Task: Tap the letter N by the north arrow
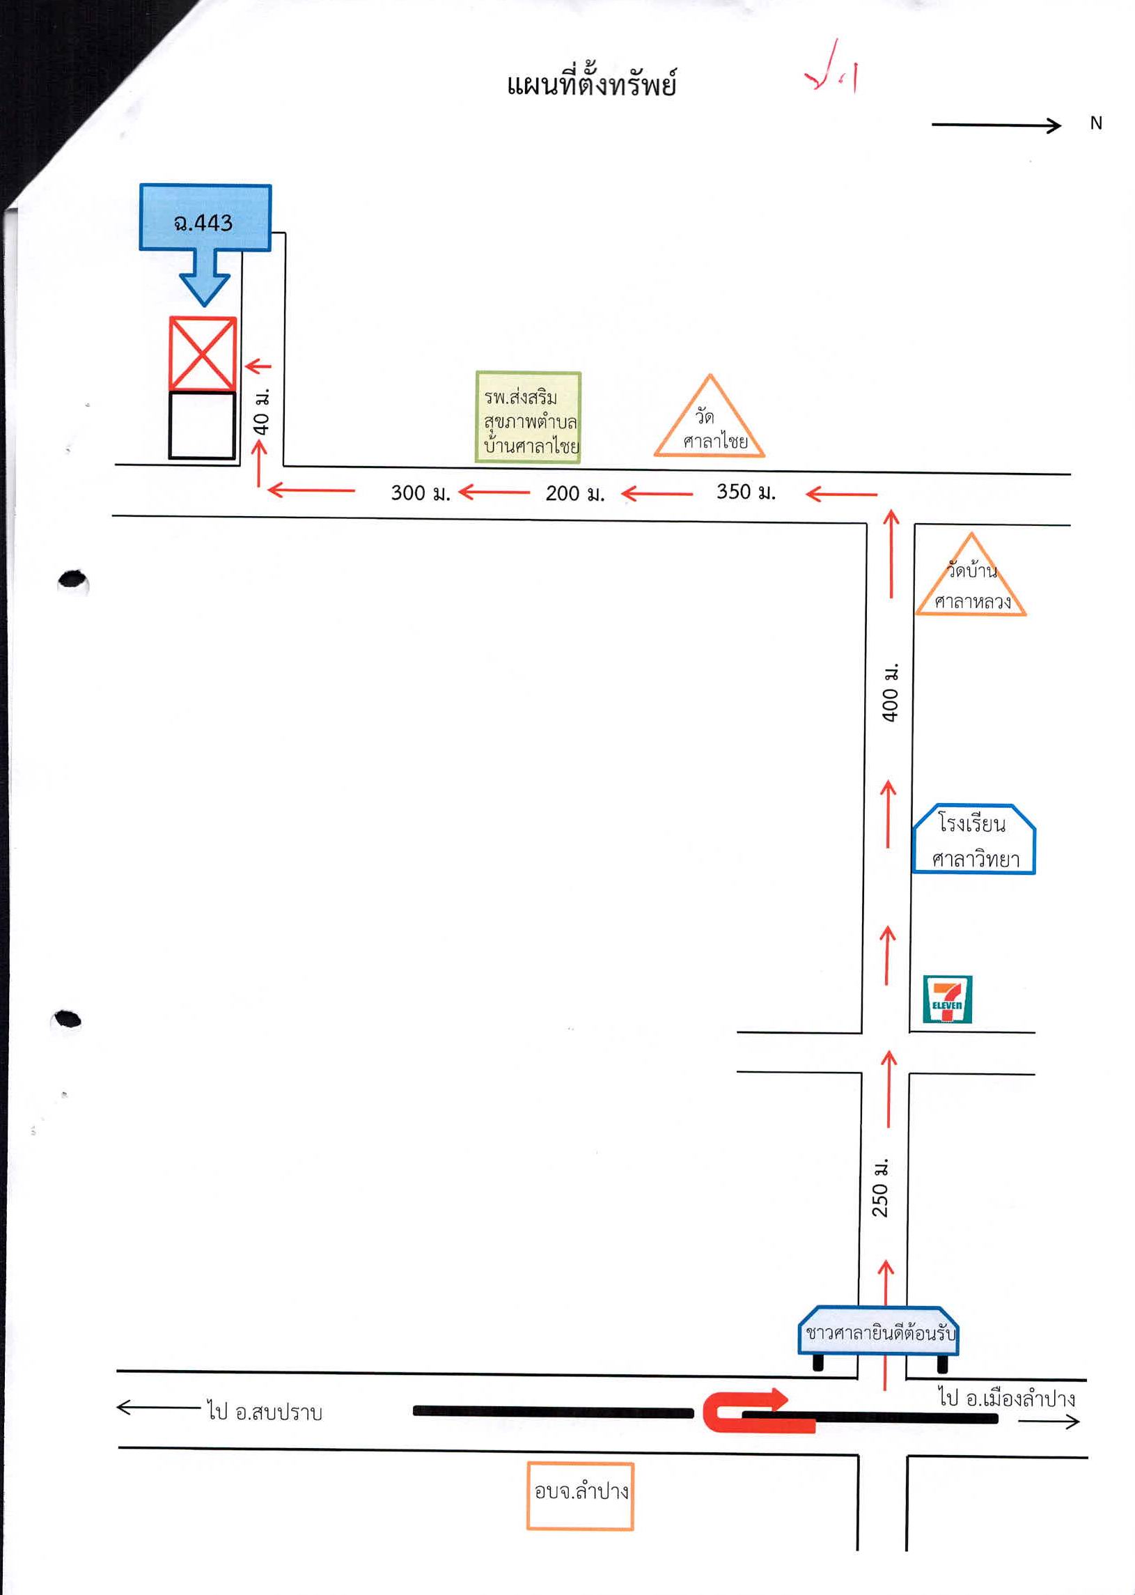[1096, 123]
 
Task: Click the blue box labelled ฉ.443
[205, 217]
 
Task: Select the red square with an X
[203, 353]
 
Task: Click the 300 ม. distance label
[420, 492]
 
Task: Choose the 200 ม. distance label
[574, 493]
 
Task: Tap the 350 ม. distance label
[746, 491]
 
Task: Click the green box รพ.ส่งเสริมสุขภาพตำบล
[529, 417]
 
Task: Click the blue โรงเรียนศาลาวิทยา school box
[973, 839]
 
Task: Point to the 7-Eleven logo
[947, 999]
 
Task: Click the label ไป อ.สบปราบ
[264, 1412]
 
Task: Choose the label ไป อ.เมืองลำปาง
[1006, 1398]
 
